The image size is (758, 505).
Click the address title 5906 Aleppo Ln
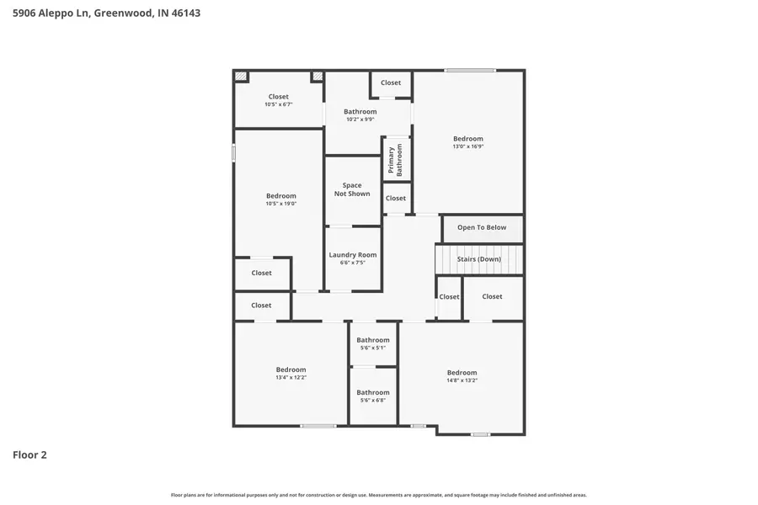click(x=106, y=13)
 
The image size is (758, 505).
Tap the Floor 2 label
click(x=29, y=455)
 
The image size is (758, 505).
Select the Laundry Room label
click(x=352, y=255)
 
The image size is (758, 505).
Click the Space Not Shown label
click(x=352, y=189)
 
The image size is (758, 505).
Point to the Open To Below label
click(x=482, y=227)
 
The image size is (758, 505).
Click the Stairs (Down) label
click(x=478, y=259)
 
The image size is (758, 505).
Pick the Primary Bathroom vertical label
click(x=395, y=159)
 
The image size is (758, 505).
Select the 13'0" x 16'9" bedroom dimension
click(x=468, y=146)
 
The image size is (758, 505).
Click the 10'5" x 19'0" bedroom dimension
click(x=280, y=204)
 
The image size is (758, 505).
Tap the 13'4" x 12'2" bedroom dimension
click(x=291, y=377)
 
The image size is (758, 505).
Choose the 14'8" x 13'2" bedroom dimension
click(x=462, y=380)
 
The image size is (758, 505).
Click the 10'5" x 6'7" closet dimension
click(x=278, y=104)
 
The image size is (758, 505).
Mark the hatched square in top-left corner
click(x=242, y=77)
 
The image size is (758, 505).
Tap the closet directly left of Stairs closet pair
click(x=449, y=296)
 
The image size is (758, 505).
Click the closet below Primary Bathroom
click(x=395, y=199)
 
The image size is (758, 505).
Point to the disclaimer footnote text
click(x=379, y=495)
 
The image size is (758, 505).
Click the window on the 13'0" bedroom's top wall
click(x=470, y=70)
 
